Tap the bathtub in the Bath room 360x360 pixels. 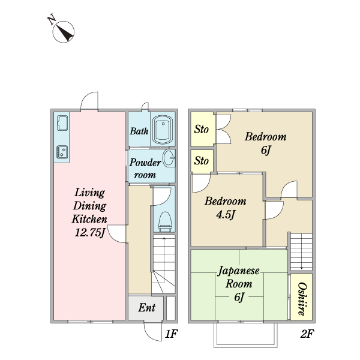pyautogui.click(x=163, y=130)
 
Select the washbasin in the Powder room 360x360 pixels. pyautogui.click(x=169, y=158)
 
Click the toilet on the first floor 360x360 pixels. pyautogui.click(x=165, y=221)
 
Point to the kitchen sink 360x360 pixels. pyautogui.click(x=62, y=123)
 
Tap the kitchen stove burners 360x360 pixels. pyautogui.click(x=62, y=152)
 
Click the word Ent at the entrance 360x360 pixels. pyautogui.click(x=147, y=308)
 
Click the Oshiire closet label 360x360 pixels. pyautogui.click(x=302, y=299)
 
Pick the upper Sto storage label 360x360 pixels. pyautogui.click(x=202, y=129)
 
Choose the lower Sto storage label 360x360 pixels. pyautogui.click(x=202, y=160)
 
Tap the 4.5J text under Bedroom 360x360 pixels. pyautogui.click(x=226, y=215)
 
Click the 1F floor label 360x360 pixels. pyautogui.click(x=171, y=334)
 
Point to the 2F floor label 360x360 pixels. pyautogui.click(x=307, y=334)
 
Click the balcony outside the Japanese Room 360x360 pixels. pyautogui.click(x=245, y=335)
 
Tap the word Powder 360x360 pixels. pyautogui.click(x=145, y=163)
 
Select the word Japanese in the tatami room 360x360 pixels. pyautogui.click(x=239, y=271)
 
